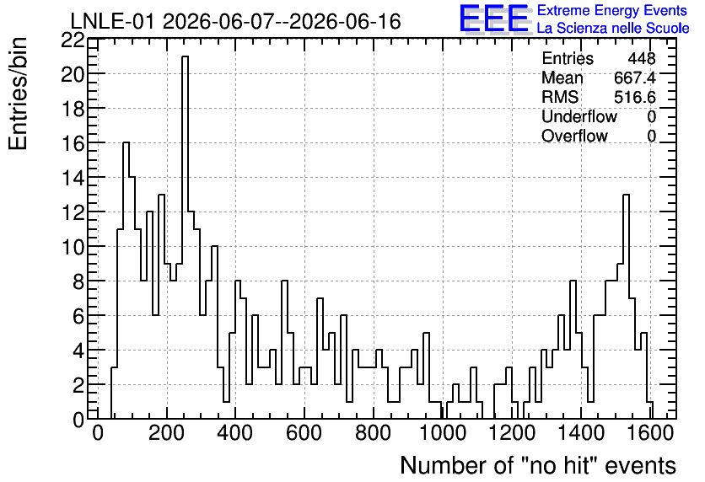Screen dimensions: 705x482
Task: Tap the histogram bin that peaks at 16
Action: tap(126, 281)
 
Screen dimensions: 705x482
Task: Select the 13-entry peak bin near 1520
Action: tap(626, 307)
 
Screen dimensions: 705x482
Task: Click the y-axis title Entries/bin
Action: tap(18, 94)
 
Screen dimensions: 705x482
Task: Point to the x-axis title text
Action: tap(538, 465)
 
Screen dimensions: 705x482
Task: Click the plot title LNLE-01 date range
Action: tap(235, 21)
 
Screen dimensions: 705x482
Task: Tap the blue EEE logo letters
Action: tap(494, 19)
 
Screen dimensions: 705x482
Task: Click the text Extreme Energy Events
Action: tap(612, 10)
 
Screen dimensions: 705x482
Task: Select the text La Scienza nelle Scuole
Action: tap(613, 29)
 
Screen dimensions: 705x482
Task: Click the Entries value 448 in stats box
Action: tap(642, 58)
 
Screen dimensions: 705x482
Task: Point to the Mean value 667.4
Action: tap(635, 78)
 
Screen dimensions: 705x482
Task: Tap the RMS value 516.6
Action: tap(635, 97)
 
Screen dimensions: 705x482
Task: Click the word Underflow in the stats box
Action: tap(579, 116)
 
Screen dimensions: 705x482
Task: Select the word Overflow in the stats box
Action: tap(574, 136)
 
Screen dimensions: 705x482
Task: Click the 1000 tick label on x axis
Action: tap(443, 433)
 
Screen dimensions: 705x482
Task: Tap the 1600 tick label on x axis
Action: tap(649, 433)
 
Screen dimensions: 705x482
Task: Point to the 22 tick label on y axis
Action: tap(73, 40)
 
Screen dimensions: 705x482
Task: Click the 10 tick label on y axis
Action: tap(73, 247)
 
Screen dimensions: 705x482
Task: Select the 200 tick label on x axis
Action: tap(167, 433)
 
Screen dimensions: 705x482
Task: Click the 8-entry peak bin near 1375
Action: tap(573, 350)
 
